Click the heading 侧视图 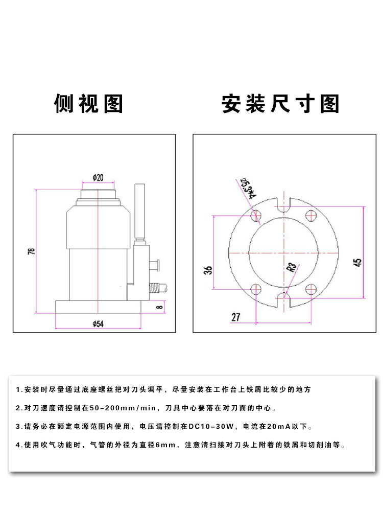pyautogui.click(x=89, y=104)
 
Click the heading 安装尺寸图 pyautogui.click(x=280, y=104)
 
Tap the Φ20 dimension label pyautogui.click(x=98, y=178)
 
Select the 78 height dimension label pyautogui.click(x=32, y=252)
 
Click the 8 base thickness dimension pyautogui.click(x=159, y=307)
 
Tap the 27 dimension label pyautogui.click(x=235, y=317)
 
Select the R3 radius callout pyautogui.click(x=292, y=268)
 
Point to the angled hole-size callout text pyautogui.click(x=248, y=187)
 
